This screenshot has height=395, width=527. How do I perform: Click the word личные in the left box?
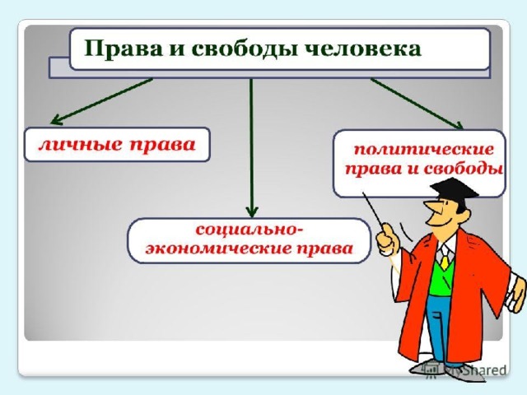80,145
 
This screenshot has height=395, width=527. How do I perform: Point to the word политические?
424,150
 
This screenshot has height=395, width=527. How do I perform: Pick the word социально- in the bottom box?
249,230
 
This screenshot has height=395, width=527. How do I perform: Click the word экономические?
219,249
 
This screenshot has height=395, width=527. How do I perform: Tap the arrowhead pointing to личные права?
55,120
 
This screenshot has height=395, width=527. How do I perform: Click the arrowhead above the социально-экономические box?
252,212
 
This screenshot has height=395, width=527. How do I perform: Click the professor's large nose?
430,208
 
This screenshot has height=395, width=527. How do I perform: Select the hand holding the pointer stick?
386,239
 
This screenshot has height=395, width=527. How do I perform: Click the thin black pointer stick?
373,209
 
